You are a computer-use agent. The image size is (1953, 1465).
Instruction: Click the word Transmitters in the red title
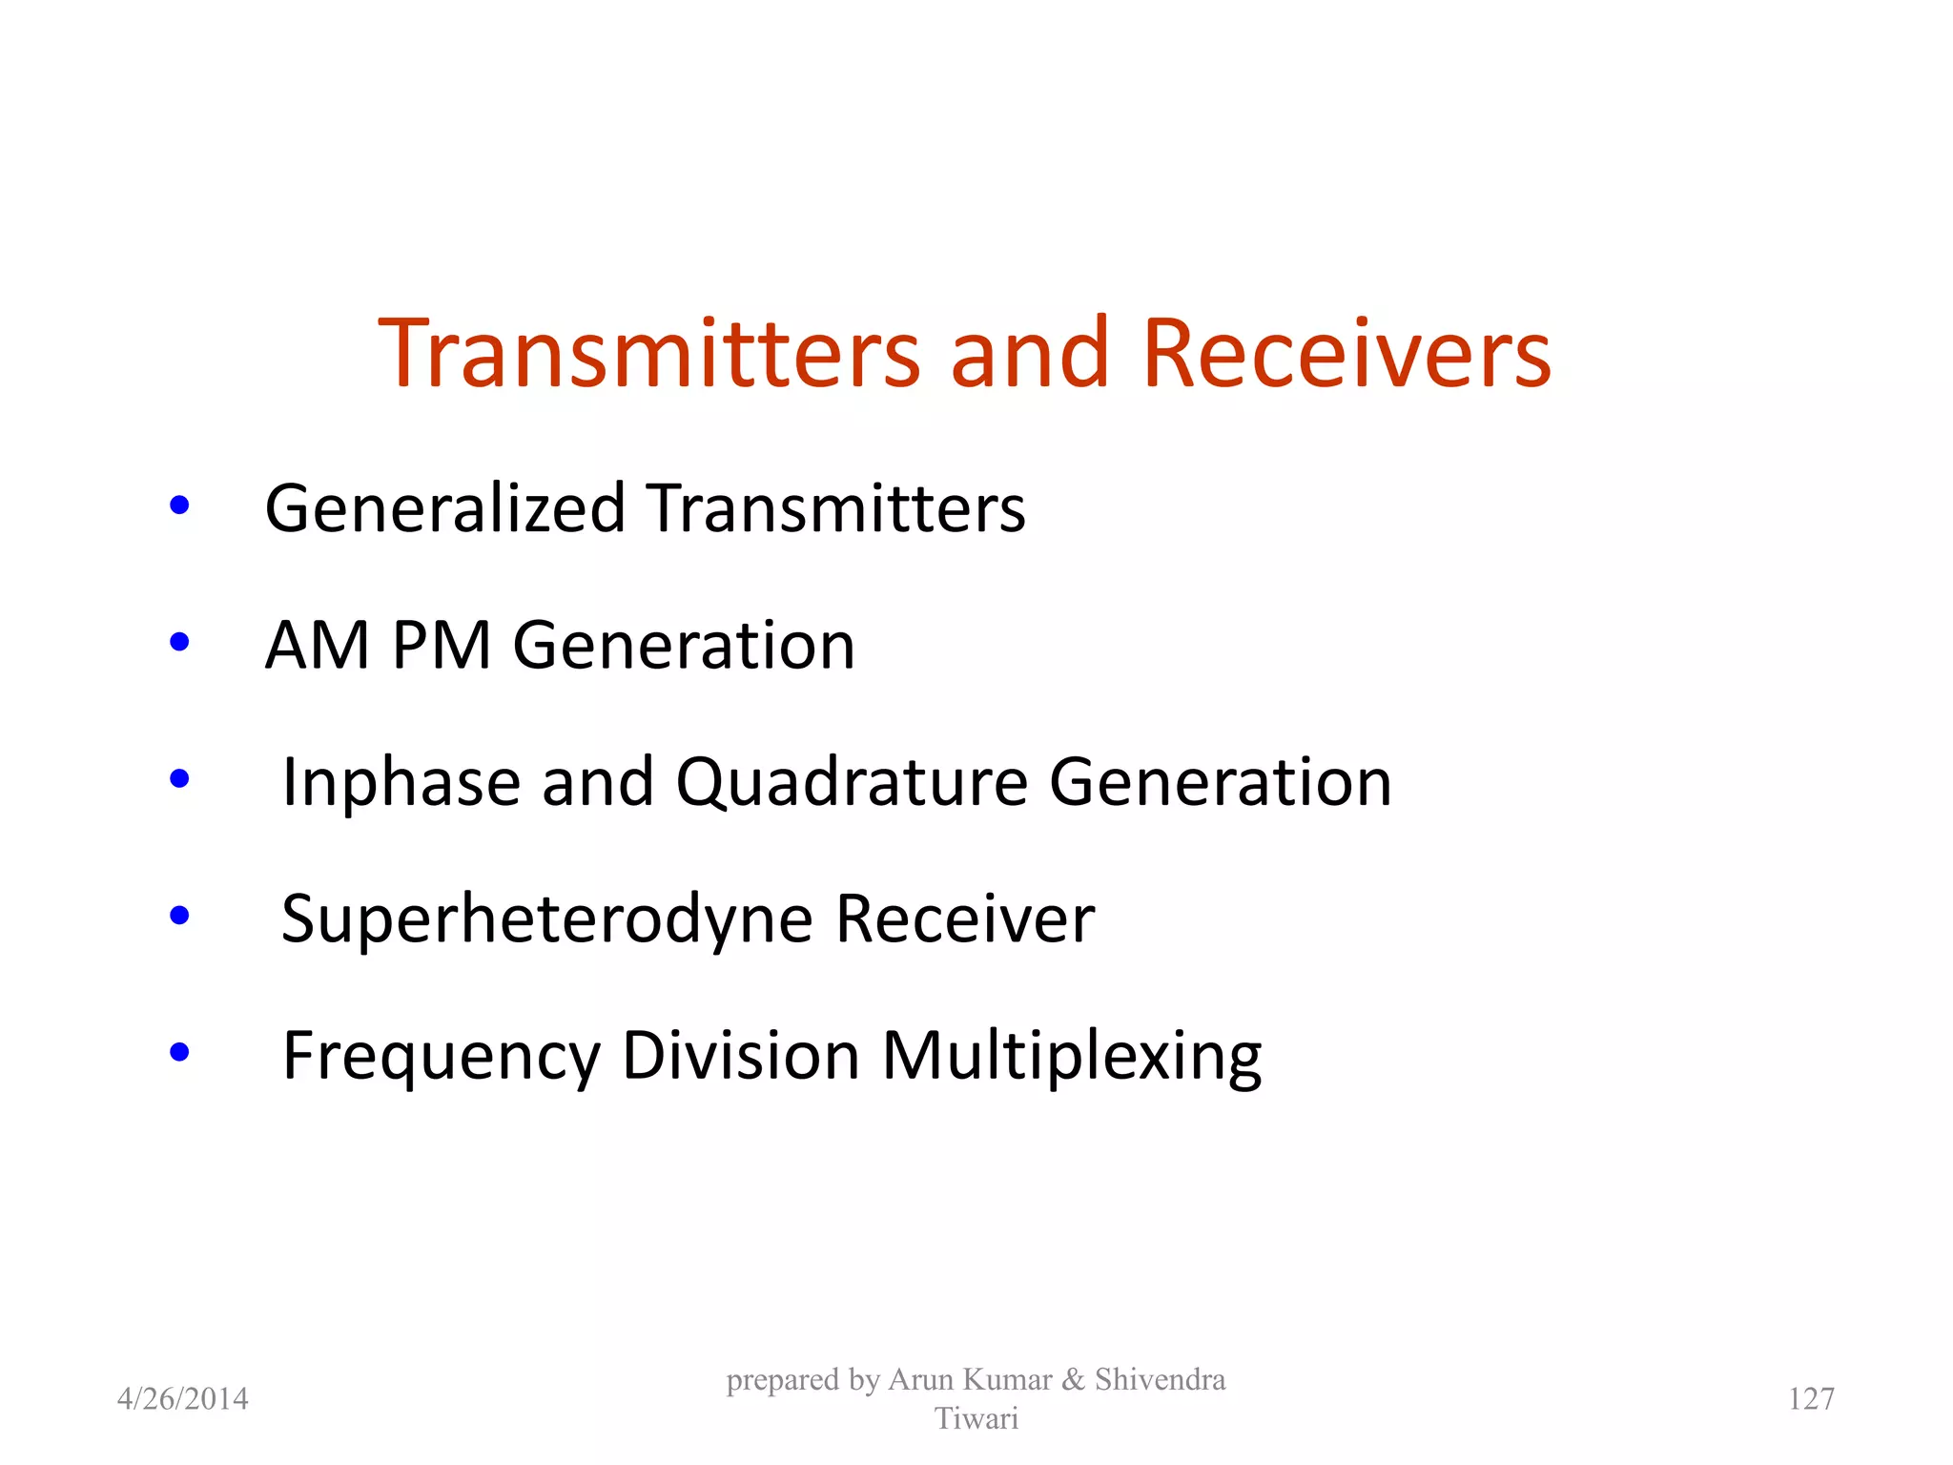point(649,354)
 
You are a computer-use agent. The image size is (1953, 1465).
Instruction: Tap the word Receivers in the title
point(1347,354)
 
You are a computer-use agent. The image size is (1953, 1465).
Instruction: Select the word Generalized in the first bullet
point(444,508)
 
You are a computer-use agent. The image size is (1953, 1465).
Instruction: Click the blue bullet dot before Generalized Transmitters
point(179,506)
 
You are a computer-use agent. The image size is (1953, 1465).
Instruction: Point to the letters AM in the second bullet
point(317,646)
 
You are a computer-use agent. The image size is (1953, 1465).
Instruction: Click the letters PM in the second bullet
point(442,646)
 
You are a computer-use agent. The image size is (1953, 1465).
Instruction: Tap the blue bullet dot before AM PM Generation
point(179,642)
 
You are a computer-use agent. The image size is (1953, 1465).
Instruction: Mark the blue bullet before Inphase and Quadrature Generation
point(179,779)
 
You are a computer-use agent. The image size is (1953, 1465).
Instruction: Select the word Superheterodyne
point(546,920)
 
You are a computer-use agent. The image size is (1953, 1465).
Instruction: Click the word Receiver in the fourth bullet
point(965,920)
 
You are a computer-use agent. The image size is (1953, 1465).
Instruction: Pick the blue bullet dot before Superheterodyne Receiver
point(179,916)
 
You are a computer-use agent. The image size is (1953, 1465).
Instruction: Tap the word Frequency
point(442,1058)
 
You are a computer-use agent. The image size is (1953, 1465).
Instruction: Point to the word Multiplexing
point(1072,1058)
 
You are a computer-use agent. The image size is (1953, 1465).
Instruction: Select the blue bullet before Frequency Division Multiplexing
point(179,1053)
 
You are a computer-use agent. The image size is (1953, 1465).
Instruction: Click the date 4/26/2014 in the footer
point(182,1399)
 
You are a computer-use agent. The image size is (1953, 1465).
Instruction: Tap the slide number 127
point(1811,1399)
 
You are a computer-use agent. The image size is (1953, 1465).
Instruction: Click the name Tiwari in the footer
point(976,1419)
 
